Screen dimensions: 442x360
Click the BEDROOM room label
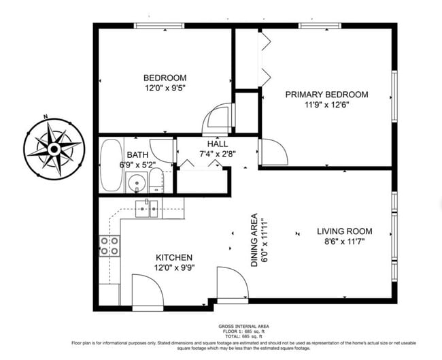[165, 78]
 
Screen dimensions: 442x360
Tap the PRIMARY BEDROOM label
[326, 94]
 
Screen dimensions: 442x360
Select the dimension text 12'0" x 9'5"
[165, 88]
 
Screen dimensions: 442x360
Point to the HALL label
[218, 144]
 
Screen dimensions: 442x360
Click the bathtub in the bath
[112, 165]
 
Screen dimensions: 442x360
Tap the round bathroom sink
[137, 182]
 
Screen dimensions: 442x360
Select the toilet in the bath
[156, 180]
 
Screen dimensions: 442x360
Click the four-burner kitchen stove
[109, 246]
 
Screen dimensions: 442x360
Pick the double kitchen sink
[146, 209]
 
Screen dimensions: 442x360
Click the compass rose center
[54, 149]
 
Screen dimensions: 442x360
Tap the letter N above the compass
[45, 116]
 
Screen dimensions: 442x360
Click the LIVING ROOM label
[345, 231]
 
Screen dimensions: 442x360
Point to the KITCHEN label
[174, 258]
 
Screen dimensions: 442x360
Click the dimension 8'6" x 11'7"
[345, 242]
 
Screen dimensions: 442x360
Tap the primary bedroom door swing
[273, 152]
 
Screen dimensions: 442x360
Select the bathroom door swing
[161, 151]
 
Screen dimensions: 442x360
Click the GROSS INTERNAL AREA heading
[244, 327]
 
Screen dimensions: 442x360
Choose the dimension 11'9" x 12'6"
[327, 105]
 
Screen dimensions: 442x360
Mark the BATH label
[137, 155]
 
